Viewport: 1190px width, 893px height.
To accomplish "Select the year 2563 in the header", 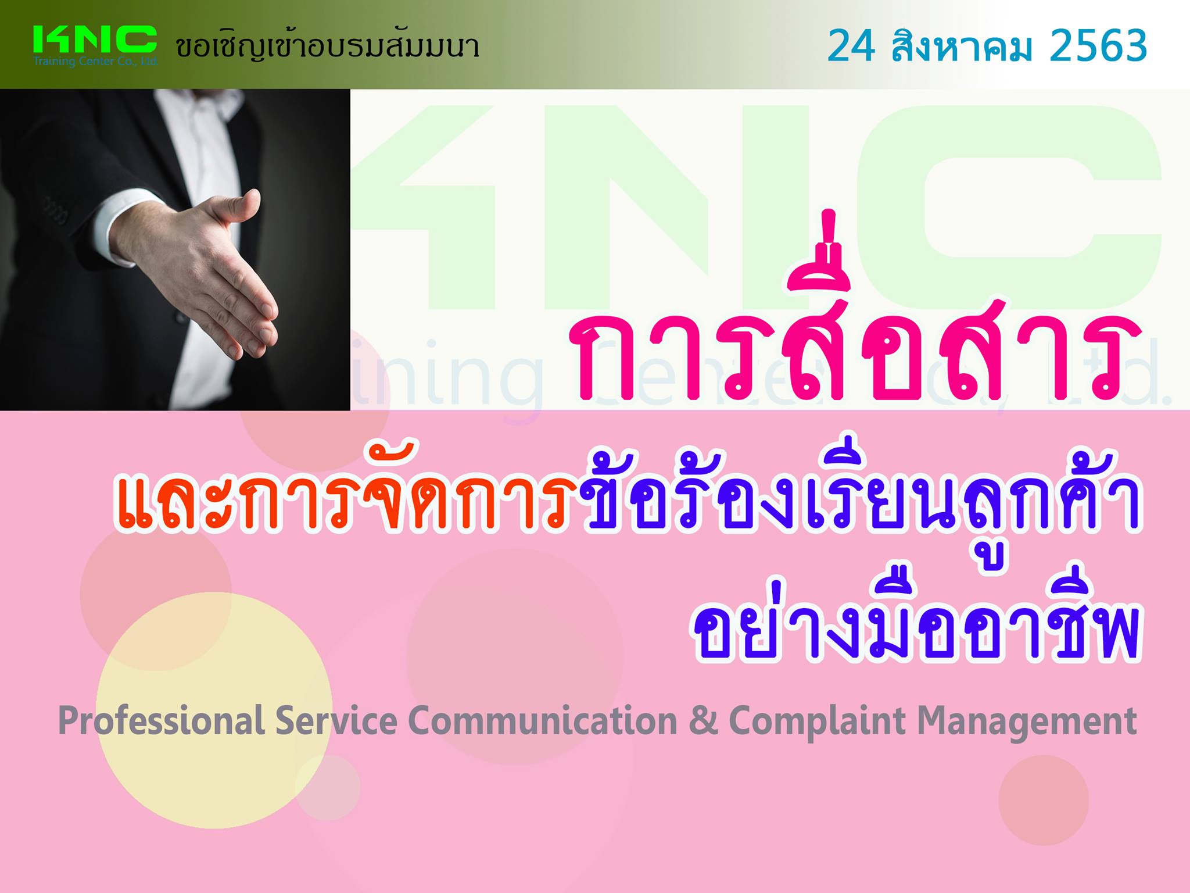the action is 1098,46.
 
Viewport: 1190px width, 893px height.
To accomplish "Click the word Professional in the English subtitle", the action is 162,721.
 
